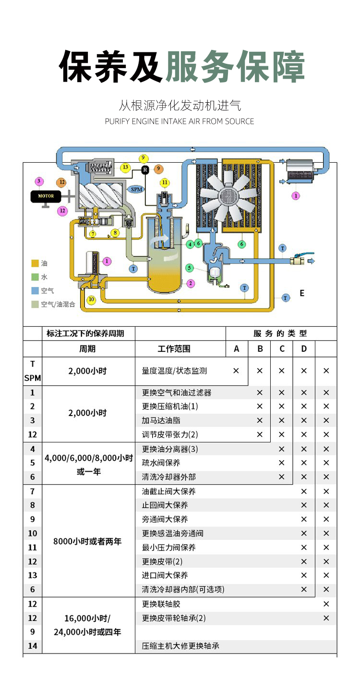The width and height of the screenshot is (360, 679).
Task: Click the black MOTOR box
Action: [x=46, y=196]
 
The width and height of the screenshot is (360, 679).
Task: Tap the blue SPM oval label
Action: [x=136, y=189]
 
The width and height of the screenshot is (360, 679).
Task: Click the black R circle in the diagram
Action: [x=145, y=169]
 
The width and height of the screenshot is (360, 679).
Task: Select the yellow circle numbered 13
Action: [x=125, y=167]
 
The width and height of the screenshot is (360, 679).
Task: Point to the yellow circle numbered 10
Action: [x=91, y=300]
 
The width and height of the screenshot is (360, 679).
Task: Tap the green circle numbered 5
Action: [x=189, y=268]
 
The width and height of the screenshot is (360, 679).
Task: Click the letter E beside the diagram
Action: [x=302, y=293]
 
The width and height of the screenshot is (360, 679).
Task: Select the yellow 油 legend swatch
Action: [x=35, y=263]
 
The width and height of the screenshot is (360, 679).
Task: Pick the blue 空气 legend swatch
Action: [x=35, y=290]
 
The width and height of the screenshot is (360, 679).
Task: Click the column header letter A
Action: [x=237, y=349]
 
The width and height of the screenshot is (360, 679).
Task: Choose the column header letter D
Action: [x=304, y=349]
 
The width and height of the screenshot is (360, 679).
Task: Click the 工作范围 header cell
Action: [x=174, y=349]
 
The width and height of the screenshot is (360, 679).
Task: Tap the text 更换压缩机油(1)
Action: [x=170, y=406]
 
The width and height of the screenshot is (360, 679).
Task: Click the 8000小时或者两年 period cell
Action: [x=88, y=541]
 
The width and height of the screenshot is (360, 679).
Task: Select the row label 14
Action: [x=33, y=646]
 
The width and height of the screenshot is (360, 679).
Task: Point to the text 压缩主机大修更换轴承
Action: [x=180, y=646]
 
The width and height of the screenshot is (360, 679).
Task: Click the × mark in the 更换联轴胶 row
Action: [x=326, y=604]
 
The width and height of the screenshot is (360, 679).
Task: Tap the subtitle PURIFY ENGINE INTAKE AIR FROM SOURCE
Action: [x=180, y=121]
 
